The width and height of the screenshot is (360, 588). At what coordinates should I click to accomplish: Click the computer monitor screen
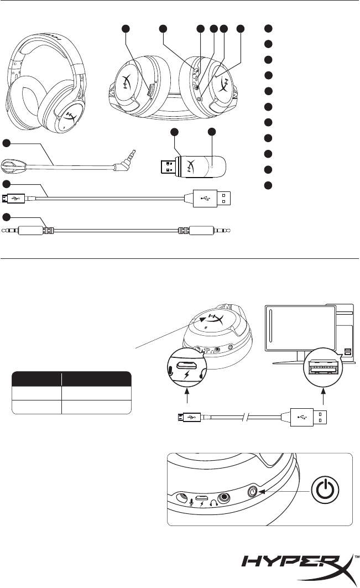pos(301,331)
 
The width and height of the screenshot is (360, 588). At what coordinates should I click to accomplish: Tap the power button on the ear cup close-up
pos(254,491)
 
